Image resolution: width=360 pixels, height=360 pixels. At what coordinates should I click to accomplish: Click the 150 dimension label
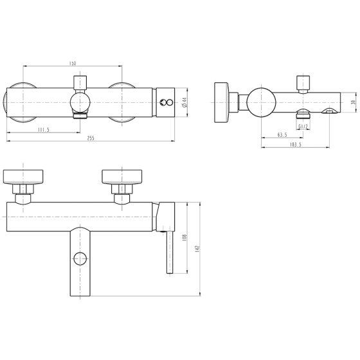(x=73, y=63)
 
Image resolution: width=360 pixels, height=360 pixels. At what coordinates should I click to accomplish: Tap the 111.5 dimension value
(x=44, y=130)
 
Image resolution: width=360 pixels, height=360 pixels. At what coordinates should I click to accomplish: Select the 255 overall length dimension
(x=91, y=138)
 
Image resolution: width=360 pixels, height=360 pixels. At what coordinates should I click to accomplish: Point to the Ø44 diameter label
(x=184, y=102)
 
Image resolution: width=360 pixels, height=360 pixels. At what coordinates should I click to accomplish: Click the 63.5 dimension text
(x=282, y=135)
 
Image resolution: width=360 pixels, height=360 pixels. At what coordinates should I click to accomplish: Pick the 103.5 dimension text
(x=296, y=145)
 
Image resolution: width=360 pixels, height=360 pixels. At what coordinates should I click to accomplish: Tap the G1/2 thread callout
(x=303, y=127)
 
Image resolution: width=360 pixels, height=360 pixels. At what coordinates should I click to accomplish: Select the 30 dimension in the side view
(x=354, y=102)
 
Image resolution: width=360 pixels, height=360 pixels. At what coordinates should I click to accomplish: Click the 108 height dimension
(x=185, y=237)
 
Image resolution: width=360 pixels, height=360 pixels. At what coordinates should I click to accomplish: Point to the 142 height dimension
(x=198, y=249)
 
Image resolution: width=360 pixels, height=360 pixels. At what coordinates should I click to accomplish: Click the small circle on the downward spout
(x=80, y=258)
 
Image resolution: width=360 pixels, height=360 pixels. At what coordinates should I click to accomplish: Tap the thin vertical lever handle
(x=170, y=252)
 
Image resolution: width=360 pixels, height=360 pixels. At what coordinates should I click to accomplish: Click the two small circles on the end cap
(x=166, y=102)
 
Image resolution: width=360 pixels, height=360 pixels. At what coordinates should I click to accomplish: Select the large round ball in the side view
(x=261, y=102)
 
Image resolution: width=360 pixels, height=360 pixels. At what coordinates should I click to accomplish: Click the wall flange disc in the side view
(x=222, y=102)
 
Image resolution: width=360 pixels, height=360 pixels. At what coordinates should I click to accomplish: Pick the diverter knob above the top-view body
(x=80, y=83)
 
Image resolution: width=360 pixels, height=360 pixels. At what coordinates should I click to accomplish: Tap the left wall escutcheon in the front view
(x=23, y=177)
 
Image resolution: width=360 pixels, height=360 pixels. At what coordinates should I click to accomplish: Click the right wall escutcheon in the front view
(x=122, y=177)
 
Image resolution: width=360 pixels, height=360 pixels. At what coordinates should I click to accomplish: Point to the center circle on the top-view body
(x=80, y=102)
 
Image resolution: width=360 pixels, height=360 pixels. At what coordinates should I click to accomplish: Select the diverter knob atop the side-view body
(x=303, y=83)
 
